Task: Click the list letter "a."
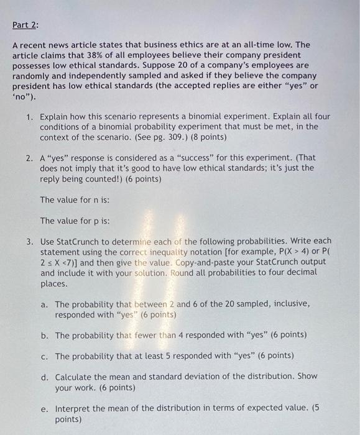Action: (45, 304)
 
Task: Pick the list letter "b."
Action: (45, 335)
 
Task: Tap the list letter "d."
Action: (45, 377)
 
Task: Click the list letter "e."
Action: (45, 409)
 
